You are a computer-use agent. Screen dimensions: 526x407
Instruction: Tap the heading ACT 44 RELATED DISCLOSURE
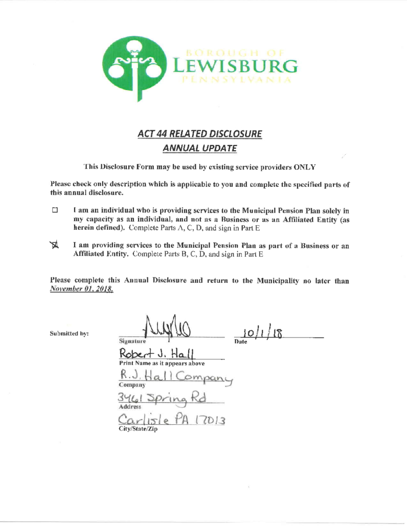click(200, 134)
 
